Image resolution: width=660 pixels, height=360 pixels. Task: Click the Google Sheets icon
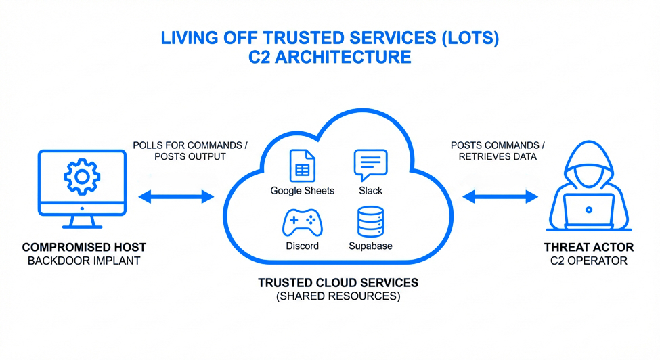pos(302,165)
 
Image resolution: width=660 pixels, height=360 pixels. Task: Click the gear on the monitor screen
pos(82,177)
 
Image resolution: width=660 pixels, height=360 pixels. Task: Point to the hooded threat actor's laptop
pos(589,211)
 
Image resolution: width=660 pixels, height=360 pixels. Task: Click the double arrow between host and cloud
pos(176,197)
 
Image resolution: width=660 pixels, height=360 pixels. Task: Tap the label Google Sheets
pos(302,191)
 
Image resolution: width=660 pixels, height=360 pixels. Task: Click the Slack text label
pos(370,191)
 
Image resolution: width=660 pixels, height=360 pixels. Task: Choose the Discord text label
pos(302,246)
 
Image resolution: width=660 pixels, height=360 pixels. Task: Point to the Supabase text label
pos(370,246)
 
